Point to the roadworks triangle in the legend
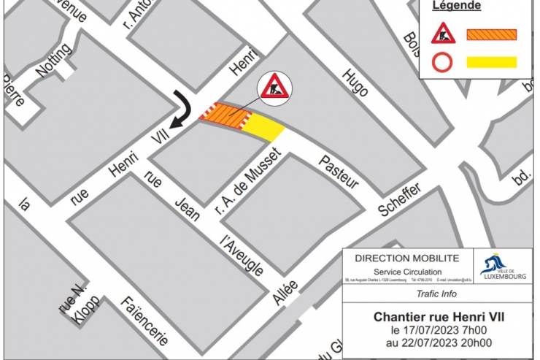pos(444,34)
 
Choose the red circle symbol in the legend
pos(443,62)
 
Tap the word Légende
pos(457,7)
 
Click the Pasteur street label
pos(339,172)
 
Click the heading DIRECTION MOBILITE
pos(406,258)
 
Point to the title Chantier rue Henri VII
pos(439,317)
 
